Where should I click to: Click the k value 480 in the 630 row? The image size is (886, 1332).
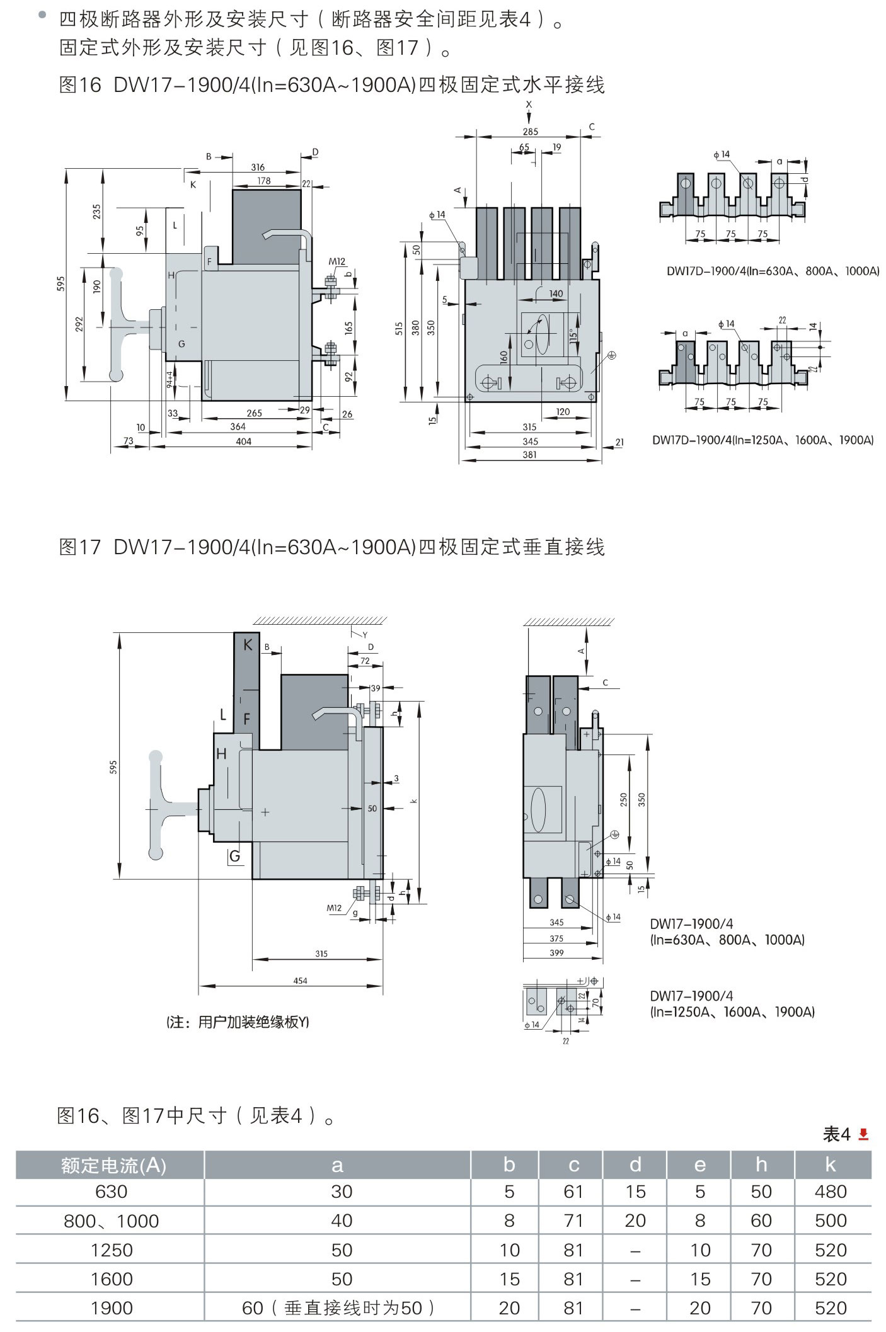coord(830,1192)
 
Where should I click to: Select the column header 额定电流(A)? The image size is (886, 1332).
coord(113,1166)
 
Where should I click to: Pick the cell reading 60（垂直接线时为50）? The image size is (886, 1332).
coord(338,1308)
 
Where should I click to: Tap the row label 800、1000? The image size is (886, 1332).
coord(111,1221)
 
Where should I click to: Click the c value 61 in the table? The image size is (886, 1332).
coord(573,1192)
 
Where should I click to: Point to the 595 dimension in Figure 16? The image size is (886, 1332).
coord(61,283)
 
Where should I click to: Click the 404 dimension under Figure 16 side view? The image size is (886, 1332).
coord(243,441)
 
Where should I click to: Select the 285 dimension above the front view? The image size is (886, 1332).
coord(530,132)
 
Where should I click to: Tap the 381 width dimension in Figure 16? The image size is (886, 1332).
coord(529,455)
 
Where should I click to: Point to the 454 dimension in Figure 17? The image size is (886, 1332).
coord(300,981)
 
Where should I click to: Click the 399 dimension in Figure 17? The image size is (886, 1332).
coord(556,953)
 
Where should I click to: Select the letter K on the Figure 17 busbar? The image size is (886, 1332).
coord(247,644)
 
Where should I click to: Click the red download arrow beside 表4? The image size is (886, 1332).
coord(864,1134)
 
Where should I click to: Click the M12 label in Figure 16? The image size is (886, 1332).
coord(337,262)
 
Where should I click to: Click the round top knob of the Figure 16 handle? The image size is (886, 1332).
coord(117,274)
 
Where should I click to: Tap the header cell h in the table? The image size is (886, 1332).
coord(761,1165)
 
